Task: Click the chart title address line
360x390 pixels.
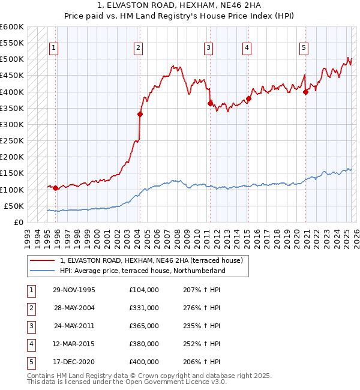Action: coord(179,5)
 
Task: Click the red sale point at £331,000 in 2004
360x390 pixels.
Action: coord(140,114)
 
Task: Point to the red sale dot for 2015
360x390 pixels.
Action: coord(248,98)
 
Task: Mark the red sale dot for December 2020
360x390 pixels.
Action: coord(306,92)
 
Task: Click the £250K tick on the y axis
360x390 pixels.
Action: coord(12,140)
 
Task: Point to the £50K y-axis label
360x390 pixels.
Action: coord(14,206)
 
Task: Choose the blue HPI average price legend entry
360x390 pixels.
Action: coord(142,271)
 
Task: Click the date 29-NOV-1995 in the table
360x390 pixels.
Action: coord(74,290)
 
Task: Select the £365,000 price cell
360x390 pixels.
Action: coord(144,326)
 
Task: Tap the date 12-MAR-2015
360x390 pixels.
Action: coord(74,344)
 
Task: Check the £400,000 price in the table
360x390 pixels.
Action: coord(144,362)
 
